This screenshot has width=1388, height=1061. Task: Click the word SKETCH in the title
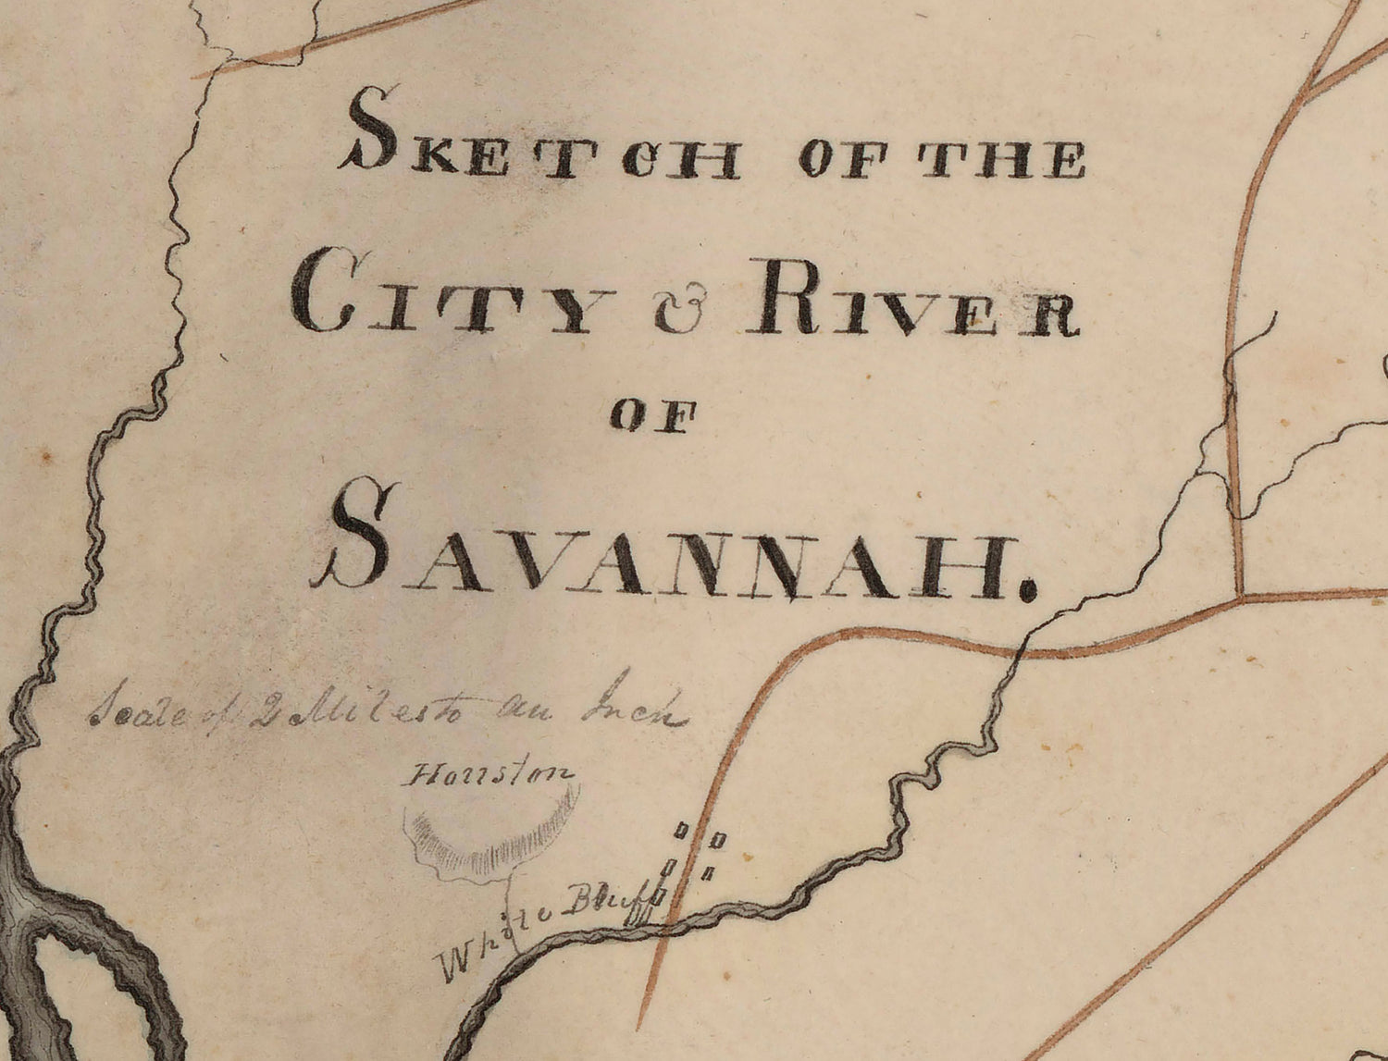541,148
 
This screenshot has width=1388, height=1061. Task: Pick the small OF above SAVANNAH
651,417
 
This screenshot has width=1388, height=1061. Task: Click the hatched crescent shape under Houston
490,837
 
